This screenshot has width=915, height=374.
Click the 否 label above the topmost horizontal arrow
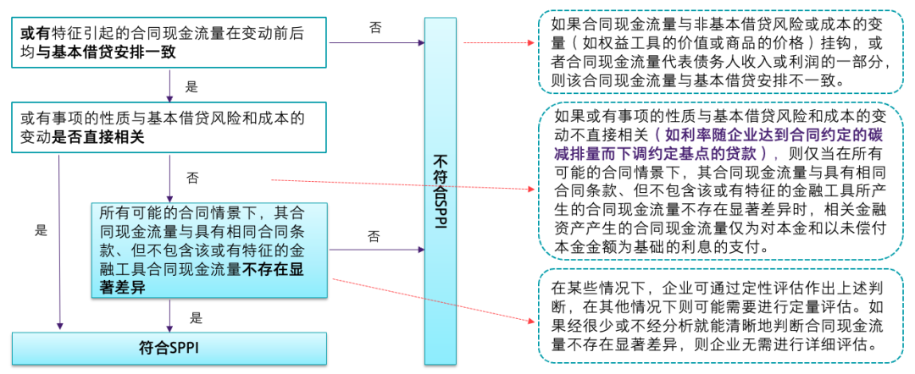(x=375, y=27)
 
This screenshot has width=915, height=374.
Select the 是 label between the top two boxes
(x=191, y=88)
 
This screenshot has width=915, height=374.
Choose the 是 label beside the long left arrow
(x=41, y=230)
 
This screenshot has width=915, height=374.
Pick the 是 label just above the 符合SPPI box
(x=196, y=319)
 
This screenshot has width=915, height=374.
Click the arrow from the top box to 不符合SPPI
(x=377, y=42)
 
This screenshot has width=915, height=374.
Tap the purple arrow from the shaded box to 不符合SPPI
(x=377, y=250)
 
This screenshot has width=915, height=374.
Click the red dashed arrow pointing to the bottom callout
(x=432, y=300)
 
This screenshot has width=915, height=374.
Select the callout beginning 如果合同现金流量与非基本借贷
(x=720, y=52)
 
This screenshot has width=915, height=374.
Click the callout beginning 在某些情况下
(x=720, y=316)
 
